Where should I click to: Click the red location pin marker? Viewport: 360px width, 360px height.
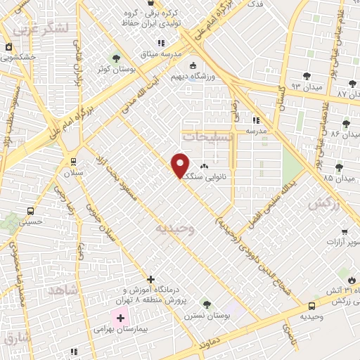click(x=181, y=165)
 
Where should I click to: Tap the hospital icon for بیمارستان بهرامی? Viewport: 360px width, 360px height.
click(x=120, y=318)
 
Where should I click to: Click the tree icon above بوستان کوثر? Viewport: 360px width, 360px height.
click(x=117, y=58)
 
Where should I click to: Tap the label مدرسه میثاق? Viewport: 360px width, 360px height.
click(x=163, y=53)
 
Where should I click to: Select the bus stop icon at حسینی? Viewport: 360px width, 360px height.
click(x=30, y=210)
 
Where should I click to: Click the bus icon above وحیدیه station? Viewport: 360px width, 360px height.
click(x=311, y=306)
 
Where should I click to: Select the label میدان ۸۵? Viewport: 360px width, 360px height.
click(x=338, y=177)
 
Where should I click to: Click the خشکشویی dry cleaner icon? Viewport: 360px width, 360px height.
click(x=9, y=47)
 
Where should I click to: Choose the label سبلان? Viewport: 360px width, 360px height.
click(x=73, y=172)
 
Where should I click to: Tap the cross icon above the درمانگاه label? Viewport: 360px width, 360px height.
click(x=150, y=279)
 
